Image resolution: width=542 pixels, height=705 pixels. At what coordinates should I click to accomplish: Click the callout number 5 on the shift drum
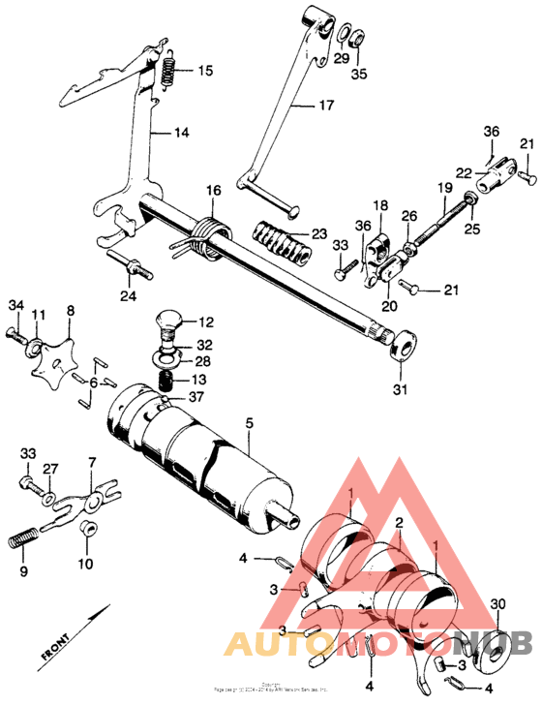(249, 422)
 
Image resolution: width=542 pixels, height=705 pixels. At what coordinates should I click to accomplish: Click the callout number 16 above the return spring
(213, 192)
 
